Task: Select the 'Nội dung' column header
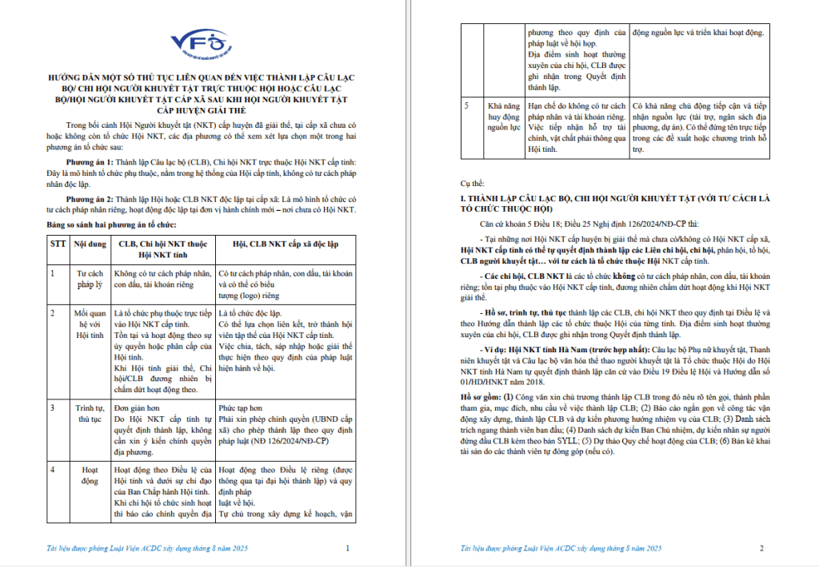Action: [x=90, y=241]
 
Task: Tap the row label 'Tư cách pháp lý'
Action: [x=90, y=278]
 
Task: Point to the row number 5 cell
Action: [x=468, y=105]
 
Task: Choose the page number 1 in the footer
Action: [x=346, y=548]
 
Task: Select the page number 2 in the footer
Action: [x=761, y=548]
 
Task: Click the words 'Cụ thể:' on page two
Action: [x=474, y=183]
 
